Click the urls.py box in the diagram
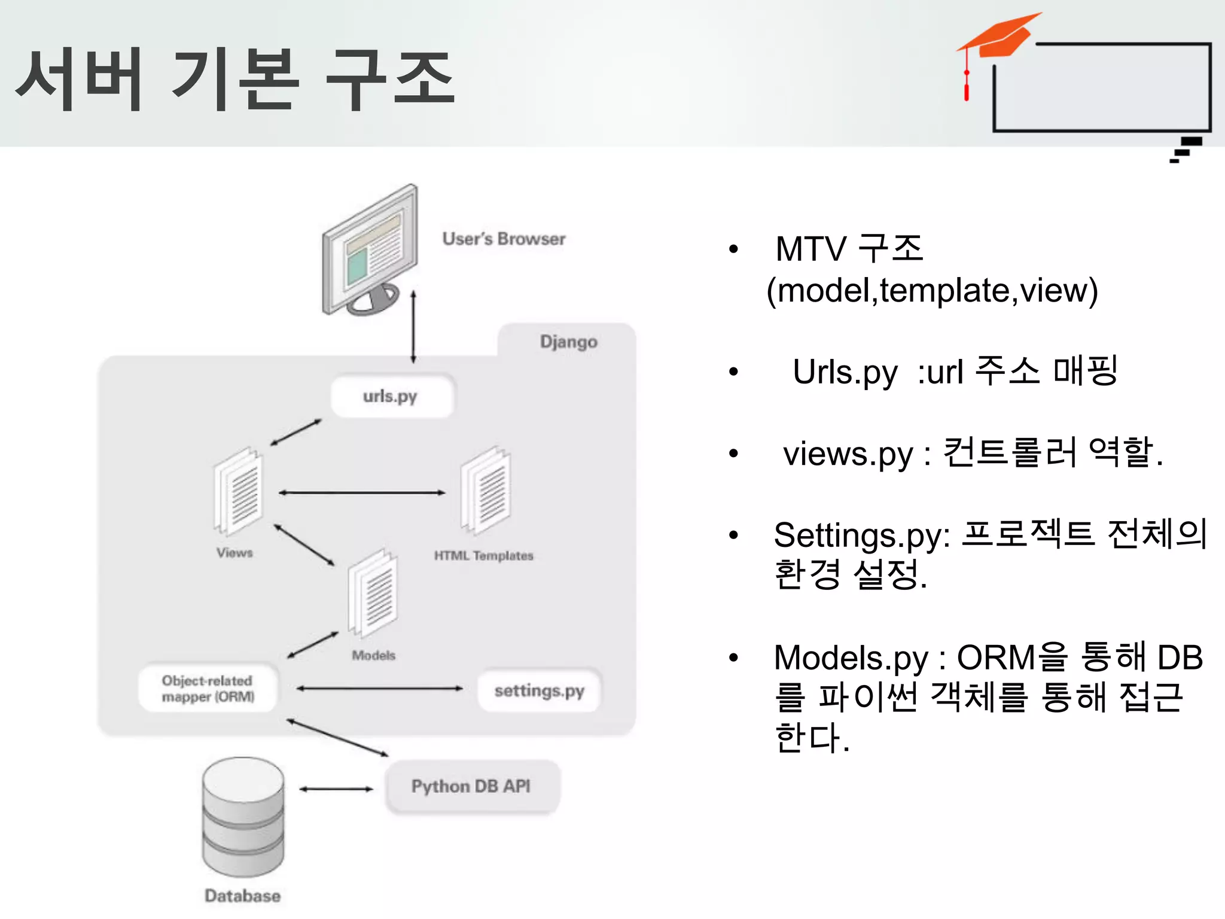tap(392, 396)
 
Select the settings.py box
tap(539, 690)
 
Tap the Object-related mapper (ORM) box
tap(208, 689)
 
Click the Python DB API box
tap(472, 786)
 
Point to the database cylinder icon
tap(243, 817)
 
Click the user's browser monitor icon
tap(370, 252)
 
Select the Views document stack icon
tap(238, 491)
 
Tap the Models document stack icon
tap(373, 594)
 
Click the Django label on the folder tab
tap(568, 342)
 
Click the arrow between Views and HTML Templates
tap(362, 493)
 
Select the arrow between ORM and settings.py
tap(379, 689)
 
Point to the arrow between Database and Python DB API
tap(336, 789)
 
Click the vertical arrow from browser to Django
tap(413, 327)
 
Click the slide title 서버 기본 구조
tap(234, 79)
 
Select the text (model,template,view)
tap(932, 291)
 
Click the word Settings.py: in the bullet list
tap(861, 535)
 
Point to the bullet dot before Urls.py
tap(733, 372)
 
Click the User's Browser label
tap(504, 239)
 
